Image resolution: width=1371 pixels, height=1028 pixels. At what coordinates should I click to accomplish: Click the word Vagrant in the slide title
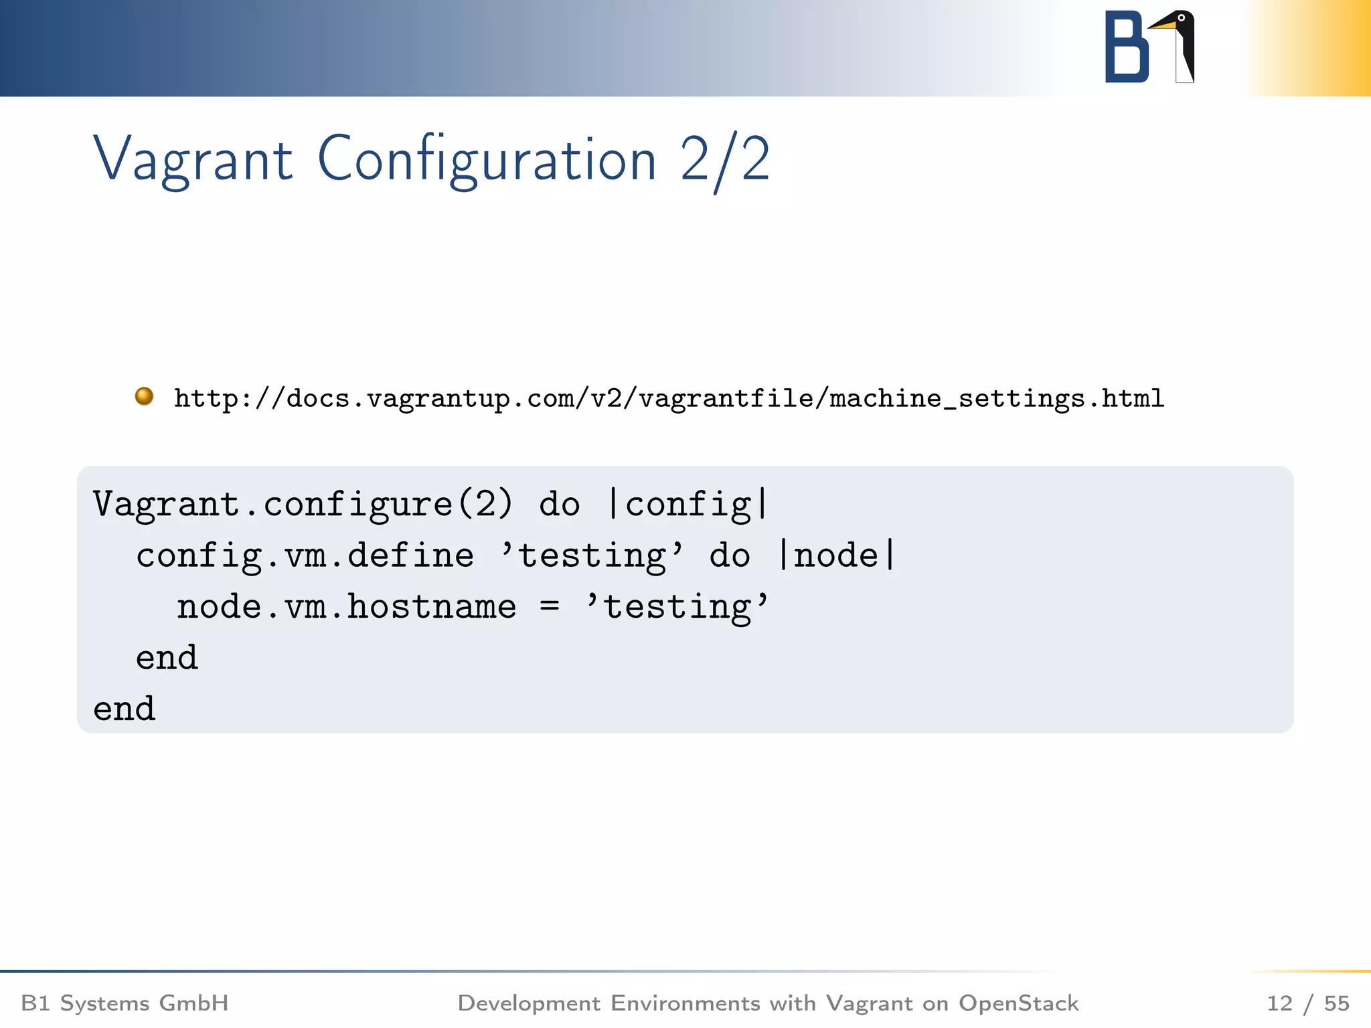tap(193, 159)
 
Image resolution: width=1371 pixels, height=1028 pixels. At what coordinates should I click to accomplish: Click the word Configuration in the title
tap(487, 159)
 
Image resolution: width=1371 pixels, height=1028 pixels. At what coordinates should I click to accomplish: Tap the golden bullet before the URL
tap(144, 396)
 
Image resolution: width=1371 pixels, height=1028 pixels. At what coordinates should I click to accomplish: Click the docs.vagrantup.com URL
tap(669, 399)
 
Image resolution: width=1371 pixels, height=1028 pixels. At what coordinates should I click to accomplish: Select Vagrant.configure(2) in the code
tap(303, 505)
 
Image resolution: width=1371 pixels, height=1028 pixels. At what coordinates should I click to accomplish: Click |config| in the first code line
tap(688, 505)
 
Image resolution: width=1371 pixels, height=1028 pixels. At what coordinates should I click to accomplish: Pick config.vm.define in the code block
tap(305, 556)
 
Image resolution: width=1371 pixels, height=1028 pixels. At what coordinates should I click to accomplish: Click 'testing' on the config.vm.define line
tap(592, 556)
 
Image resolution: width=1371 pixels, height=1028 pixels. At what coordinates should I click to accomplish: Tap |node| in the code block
tap(836, 556)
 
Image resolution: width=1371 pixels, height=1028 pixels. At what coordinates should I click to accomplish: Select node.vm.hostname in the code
tap(346, 608)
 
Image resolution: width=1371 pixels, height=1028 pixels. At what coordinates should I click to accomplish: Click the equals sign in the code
tap(550, 606)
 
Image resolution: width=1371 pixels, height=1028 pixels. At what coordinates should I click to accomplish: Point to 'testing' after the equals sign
tap(677, 608)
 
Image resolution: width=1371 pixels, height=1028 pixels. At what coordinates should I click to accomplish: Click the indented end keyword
tap(167, 658)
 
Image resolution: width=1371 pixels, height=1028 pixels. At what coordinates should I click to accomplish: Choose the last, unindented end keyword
tap(125, 709)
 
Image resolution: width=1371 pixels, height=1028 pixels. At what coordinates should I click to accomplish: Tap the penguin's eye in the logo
tap(1182, 18)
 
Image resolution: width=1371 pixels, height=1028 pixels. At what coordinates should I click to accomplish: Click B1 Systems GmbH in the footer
tap(125, 1003)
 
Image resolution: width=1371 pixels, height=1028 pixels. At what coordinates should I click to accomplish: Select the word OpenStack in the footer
tap(1018, 1003)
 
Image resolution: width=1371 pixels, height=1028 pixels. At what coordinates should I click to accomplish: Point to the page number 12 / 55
tap(1307, 1003)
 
